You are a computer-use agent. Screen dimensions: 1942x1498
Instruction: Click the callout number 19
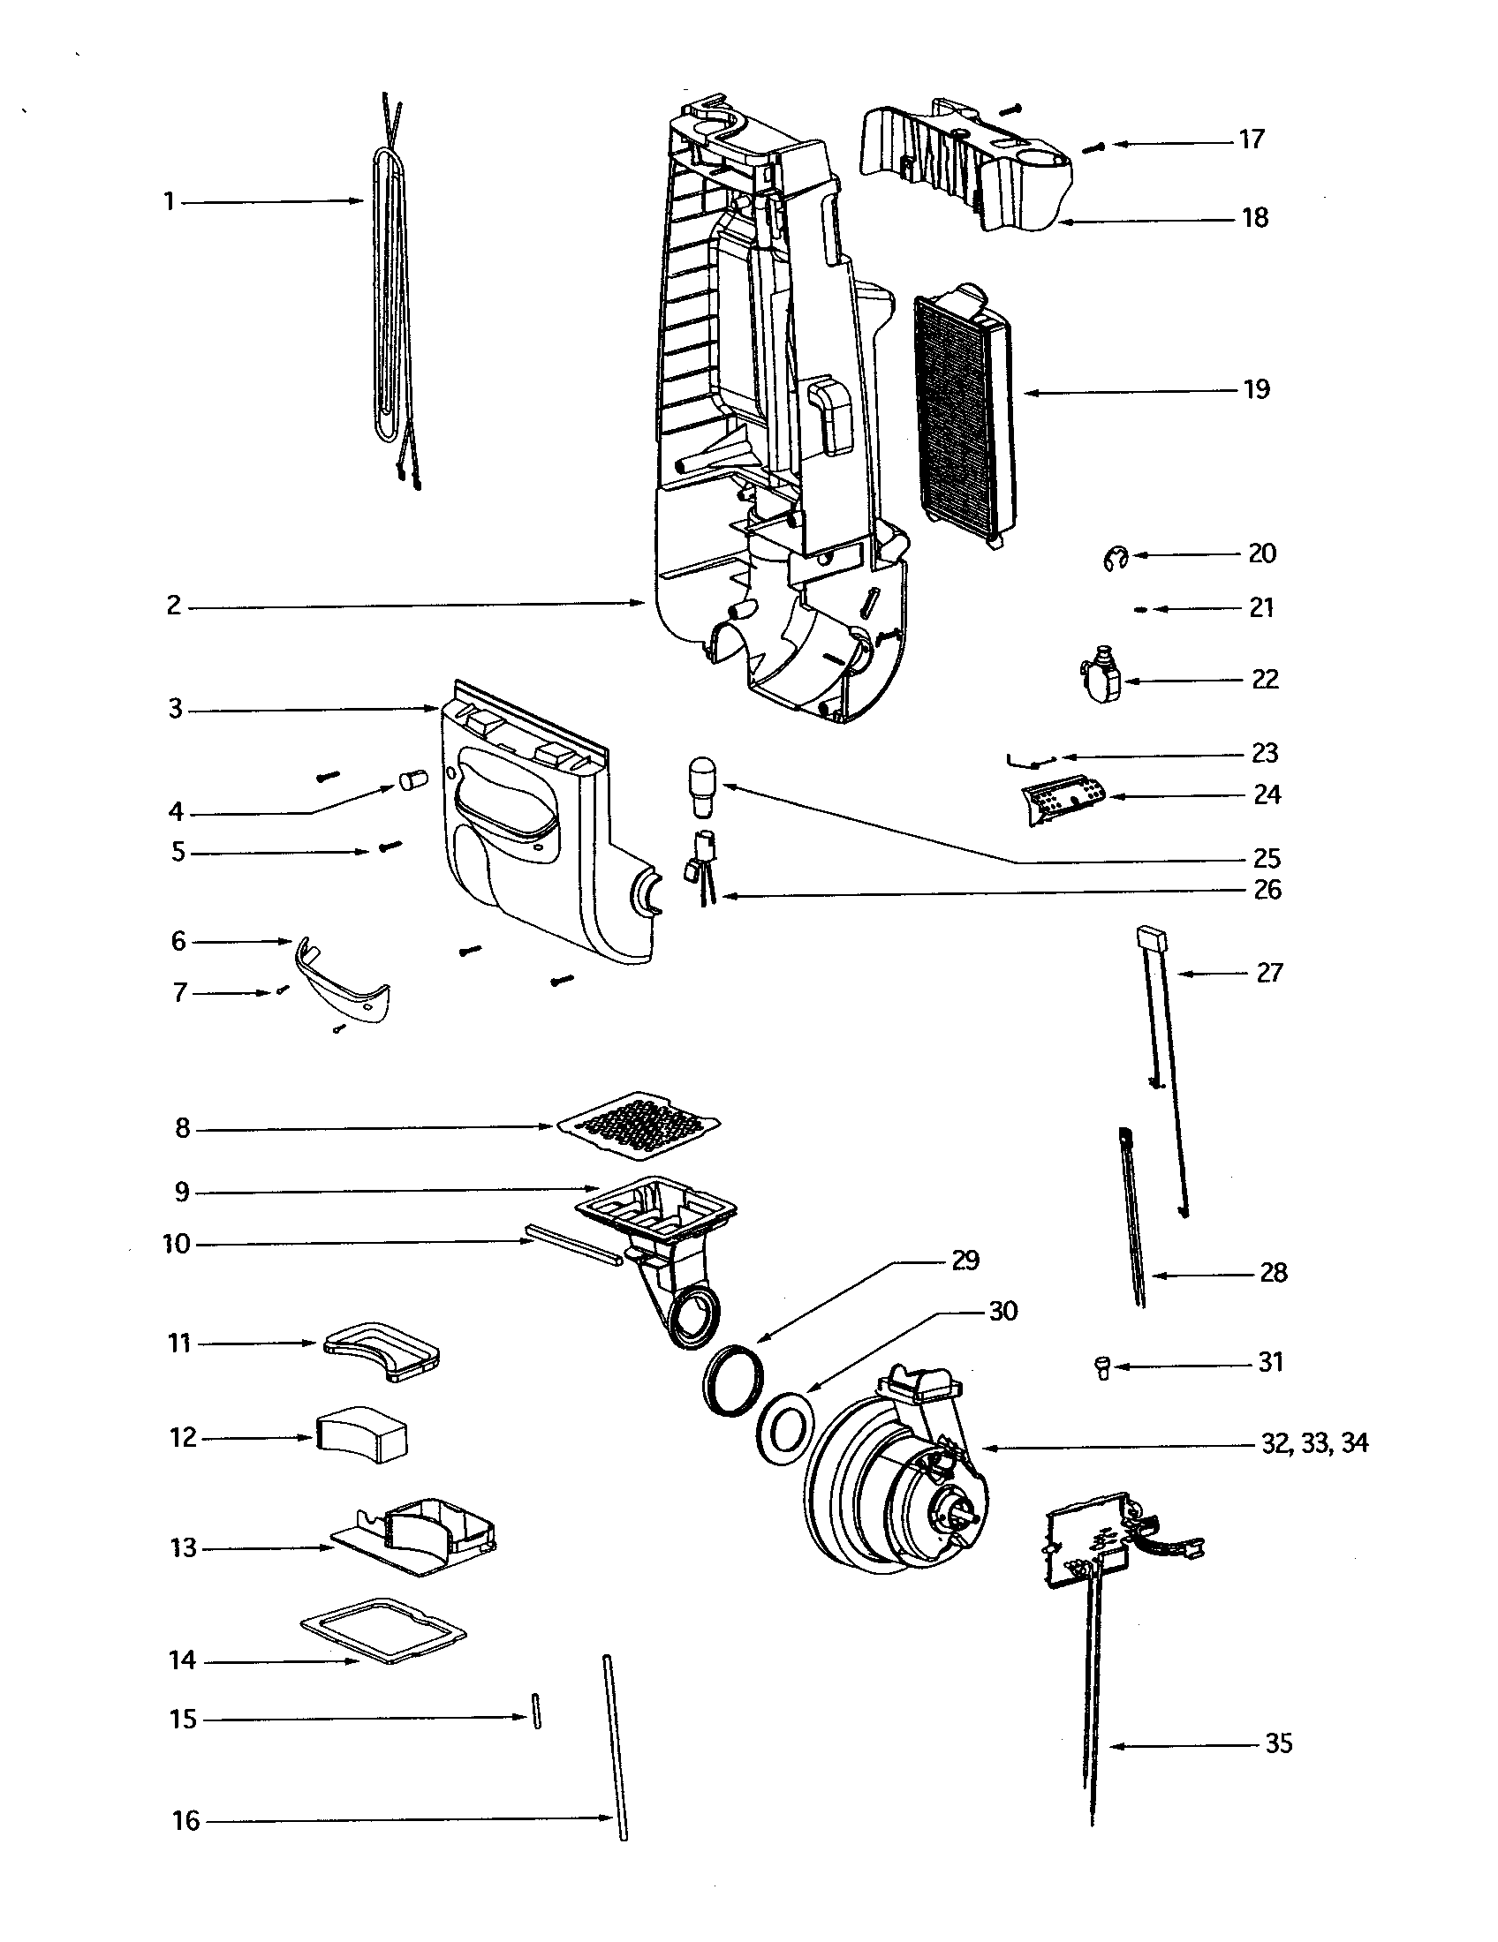(x=1256, y=389)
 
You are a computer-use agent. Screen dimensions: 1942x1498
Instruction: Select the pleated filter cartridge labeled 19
(x=965, y=413)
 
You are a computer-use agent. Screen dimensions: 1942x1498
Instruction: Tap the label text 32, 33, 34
(x=1314, y=1443)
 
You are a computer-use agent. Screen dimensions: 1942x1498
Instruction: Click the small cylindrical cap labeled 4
(x=411, y=781)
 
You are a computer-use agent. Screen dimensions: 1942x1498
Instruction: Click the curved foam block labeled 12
(x=361, y=1434)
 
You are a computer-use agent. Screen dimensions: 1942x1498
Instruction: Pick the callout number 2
(x=174, y=606)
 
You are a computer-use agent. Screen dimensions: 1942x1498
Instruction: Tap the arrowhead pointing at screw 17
(x=1116, y=143)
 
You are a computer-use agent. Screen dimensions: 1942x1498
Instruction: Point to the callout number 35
(x=1277, y=1743)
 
